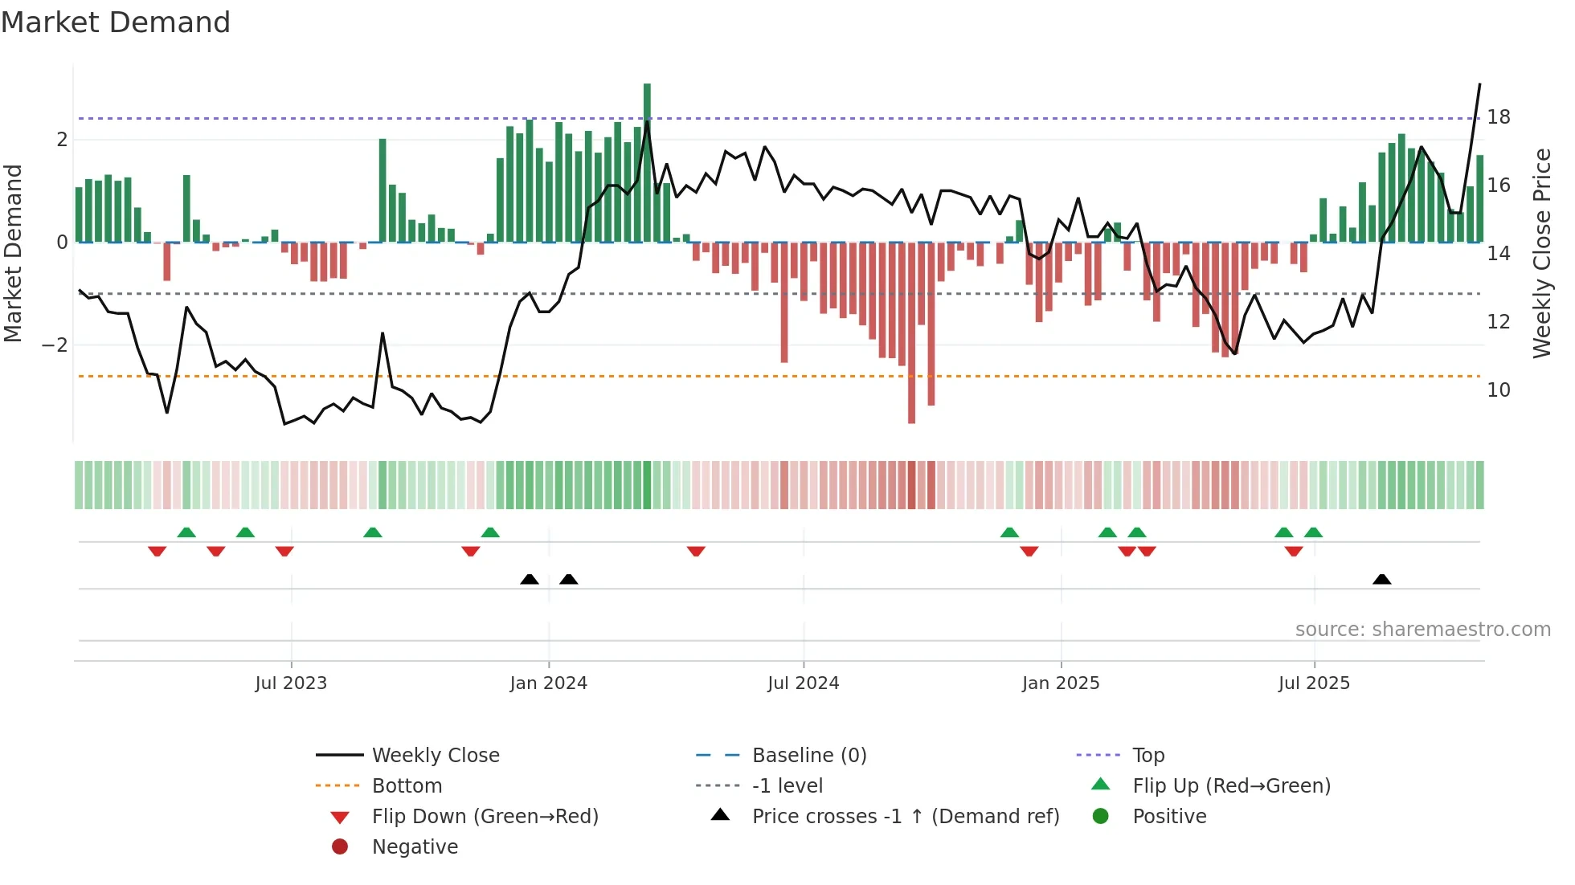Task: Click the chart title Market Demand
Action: (x=116, y=22)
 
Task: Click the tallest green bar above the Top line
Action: (x=647, y=100)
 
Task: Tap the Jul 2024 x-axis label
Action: (x=803, y=683)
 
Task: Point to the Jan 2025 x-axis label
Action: (x=1061, y=683)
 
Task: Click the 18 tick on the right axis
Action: (x=1499, y=117)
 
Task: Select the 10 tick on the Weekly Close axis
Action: (x=1499, y=390)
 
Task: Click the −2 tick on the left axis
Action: (x=55, y=345)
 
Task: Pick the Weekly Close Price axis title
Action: (x=1541, y=253)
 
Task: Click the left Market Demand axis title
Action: (x=13, y=253)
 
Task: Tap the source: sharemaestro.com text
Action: (x=1422, y=630)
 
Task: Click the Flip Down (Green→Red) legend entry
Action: (x=485, y=817)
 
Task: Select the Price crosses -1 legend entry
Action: (x=905, y=817)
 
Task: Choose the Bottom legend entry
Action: (x=407, y=786)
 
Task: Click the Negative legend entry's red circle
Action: (x=340, y=847)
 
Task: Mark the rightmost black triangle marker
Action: (x=1382, y=580)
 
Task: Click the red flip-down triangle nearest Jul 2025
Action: (x=1294, y=551)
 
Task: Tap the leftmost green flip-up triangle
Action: (x=186, y=532)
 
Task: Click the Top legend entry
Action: (x=1147, y=756)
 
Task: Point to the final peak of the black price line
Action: (x=1479, y=84)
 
